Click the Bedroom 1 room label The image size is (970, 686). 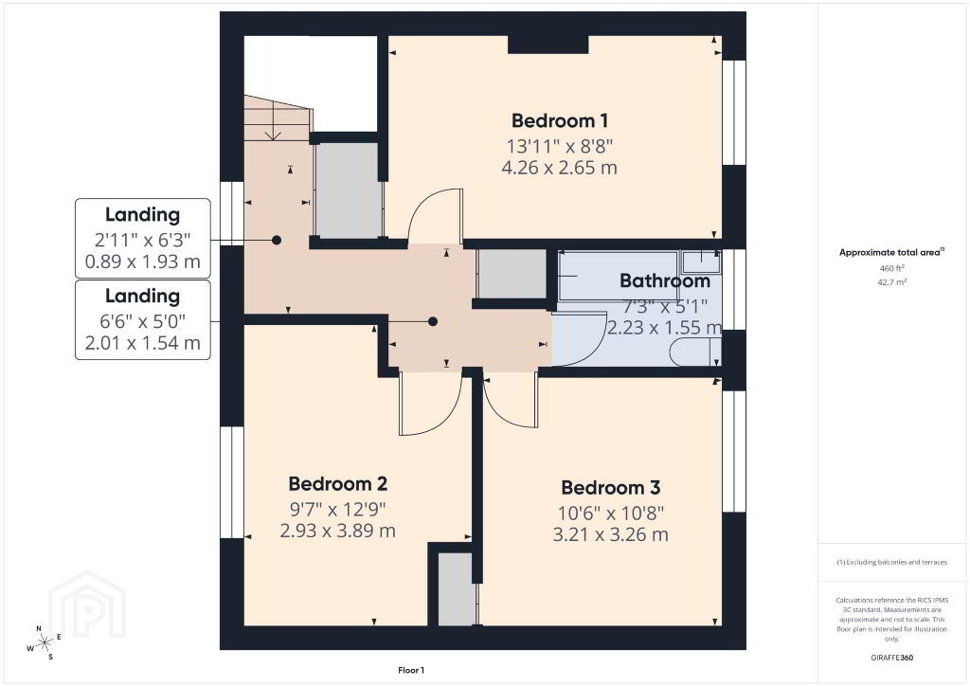[559, 120]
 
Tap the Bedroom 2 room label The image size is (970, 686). [338, 483]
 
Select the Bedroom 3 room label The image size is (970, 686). [611, 487]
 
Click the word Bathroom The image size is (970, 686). [664, 280]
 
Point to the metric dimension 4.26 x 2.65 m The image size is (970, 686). [559, 168]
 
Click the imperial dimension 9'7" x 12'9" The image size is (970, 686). [338, 509]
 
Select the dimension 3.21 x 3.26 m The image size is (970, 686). [611, 534]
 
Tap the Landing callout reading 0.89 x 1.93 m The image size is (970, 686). [143, 238]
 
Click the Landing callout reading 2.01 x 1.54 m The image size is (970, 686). [143, 320]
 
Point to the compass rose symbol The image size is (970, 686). [44, 643]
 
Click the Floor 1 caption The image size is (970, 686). [411, 670]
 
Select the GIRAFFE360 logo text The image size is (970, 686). [891, 658]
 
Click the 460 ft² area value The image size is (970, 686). [891, 268]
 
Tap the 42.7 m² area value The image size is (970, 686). [891, 282]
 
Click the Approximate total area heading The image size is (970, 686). [891, 252]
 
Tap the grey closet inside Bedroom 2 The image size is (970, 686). [457, 589]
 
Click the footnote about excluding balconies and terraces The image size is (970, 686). [891, 562]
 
